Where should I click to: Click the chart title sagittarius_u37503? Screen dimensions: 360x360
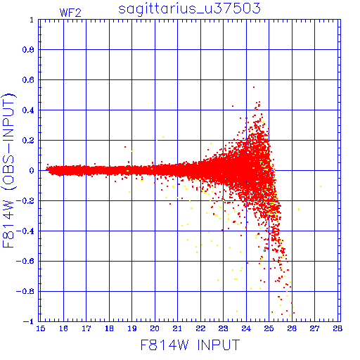tap(189, 9)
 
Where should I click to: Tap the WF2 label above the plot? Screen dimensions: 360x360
tap(70, 13)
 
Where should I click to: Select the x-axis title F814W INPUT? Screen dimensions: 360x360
tap(190, 345)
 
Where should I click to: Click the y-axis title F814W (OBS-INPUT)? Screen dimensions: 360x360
tap(8, 170)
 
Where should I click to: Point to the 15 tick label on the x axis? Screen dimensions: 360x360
tap(40, 328)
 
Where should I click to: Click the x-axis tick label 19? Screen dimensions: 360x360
tap(132, 328)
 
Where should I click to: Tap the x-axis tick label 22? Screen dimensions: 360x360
tap(200, 328)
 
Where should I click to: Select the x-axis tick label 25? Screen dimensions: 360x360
tap(269, 328)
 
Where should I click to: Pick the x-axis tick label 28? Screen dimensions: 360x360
tap(337, 328)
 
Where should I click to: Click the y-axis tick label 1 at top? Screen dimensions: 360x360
tap(32, 20)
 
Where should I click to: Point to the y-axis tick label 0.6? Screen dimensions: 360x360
tap(28, 80)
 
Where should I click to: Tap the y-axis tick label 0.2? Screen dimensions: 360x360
tap(28, 141)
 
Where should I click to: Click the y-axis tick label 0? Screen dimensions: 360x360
tap(32, 170)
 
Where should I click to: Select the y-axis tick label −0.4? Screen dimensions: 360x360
tap(25, 231)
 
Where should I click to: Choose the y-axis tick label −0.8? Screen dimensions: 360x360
tap(25, 291)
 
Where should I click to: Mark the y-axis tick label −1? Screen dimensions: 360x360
tap(29, 321)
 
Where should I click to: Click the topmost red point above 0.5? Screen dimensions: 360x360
tap(254, 87)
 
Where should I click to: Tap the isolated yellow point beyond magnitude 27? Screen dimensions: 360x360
tap(321, 186)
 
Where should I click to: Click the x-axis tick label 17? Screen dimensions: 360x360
tap(86, 328)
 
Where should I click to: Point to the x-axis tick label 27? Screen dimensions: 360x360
tap(315, 328)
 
